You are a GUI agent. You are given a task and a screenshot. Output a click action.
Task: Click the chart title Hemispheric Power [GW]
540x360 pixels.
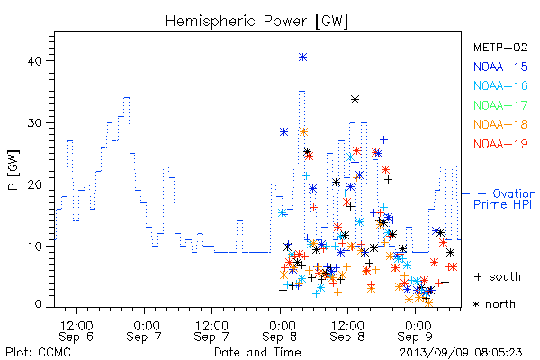tap(256, 22)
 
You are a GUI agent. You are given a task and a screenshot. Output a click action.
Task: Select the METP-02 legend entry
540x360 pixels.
tap(500, 47)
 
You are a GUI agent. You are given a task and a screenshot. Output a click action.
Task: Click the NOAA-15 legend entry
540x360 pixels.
tap(500, 67)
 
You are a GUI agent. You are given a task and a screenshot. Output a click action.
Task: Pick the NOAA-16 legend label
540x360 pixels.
tap(500, 85)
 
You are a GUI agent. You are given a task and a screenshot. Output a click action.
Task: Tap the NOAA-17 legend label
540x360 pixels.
tap(500, 105)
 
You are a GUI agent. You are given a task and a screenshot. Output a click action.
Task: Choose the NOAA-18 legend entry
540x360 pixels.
tap(500, 124)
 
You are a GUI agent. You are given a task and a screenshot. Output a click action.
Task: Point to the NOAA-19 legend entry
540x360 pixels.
tap(500, 144)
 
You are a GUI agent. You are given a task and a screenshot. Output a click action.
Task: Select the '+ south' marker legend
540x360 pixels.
tap(498, 276)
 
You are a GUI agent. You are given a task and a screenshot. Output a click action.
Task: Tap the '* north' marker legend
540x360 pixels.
tap(494, 304)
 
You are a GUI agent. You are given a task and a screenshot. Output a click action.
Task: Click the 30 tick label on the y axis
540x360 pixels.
tap(34, 123)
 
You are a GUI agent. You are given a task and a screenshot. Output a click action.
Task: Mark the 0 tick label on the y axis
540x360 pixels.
tap(39, 304)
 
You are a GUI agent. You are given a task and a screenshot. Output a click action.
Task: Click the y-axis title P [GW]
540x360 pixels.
tap(13, 170)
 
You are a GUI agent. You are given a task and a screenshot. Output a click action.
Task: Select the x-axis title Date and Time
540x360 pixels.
tap(257, 353)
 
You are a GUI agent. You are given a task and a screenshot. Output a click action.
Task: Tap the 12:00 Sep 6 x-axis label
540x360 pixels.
tap(76, 331)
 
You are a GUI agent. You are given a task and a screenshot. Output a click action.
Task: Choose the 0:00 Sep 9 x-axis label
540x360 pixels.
tap(415, 331)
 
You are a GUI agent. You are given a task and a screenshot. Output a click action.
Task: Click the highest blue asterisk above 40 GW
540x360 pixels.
tap(302, 58)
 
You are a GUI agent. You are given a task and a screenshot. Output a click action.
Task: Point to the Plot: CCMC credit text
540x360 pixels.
tap(38, 353)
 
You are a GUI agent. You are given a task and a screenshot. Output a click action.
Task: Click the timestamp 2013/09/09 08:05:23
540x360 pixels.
tap(461, 353)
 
